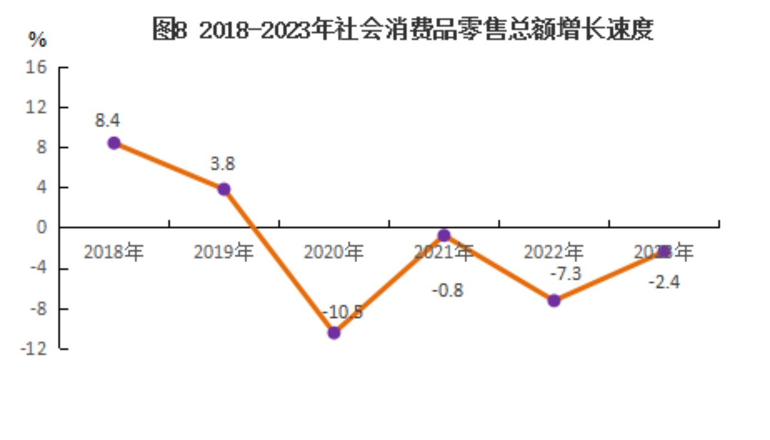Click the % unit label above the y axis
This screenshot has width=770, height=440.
(38, 40)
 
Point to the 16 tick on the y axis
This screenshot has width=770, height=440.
(38, 67)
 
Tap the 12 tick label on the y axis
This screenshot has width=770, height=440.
(38, 107)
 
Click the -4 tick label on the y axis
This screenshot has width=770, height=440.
(39, 268)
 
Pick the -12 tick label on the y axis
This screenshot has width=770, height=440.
(37, 349)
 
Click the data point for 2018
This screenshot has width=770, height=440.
(114, 143)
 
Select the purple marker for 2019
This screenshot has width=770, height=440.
(224, 189)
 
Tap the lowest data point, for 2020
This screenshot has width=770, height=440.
(334, 333)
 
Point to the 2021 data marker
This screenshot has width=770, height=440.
(444, 236)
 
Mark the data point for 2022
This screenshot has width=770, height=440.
(554, 301)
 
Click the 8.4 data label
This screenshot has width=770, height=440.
(107, 121)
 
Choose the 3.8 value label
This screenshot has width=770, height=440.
(222, 164)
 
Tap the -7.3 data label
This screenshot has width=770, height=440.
(565, 274)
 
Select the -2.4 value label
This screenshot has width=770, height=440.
(664, 282)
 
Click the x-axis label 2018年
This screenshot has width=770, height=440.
(114, 253)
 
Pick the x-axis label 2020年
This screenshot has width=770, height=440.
(333, 253)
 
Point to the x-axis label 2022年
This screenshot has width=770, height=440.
(554, 253)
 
